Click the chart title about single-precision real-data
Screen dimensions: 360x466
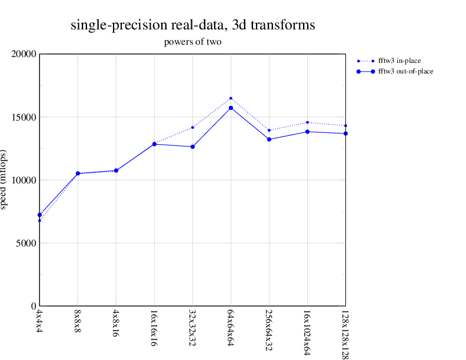(192, 25)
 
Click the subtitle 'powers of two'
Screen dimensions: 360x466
(192, 42)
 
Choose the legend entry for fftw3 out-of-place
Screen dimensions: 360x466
(405, 71)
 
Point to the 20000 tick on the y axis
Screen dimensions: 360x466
(24, 54)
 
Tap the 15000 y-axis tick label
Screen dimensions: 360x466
(24, 117)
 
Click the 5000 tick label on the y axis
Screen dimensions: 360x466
(26, 243)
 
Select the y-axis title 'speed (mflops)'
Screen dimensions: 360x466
(6, 180)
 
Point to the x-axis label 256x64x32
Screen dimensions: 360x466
(269, 329)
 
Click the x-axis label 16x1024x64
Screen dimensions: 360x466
(307, 331)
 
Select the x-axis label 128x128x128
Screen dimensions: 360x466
(345, 333)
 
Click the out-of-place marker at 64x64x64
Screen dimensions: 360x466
(231, 108)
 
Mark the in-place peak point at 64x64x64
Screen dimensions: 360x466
(231, 98)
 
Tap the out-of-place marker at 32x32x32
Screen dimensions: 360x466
(192, 146)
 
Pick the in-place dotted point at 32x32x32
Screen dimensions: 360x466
(192, 128)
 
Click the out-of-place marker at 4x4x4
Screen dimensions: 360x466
(39, 215)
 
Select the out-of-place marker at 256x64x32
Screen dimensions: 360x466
(269, 139)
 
